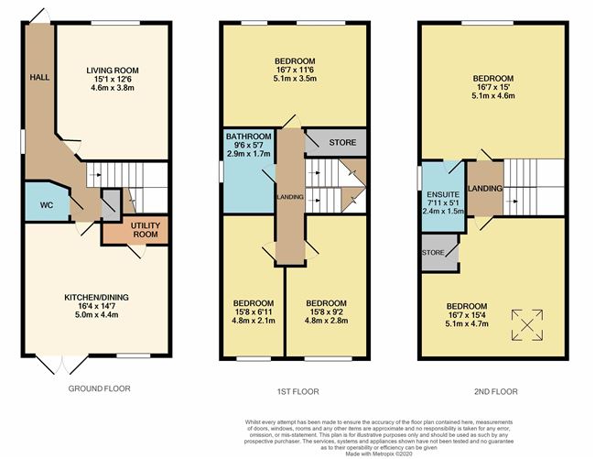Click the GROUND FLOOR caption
(x=100, y=388)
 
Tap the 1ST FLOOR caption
(x=295, y=391)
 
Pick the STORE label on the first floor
(x=342, y=143)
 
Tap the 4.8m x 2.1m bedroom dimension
(x=253, y=322)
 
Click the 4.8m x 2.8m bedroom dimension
(x=327, y=322)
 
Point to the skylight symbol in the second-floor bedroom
(x=527, y=323)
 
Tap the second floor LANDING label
(x=485, y=189)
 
